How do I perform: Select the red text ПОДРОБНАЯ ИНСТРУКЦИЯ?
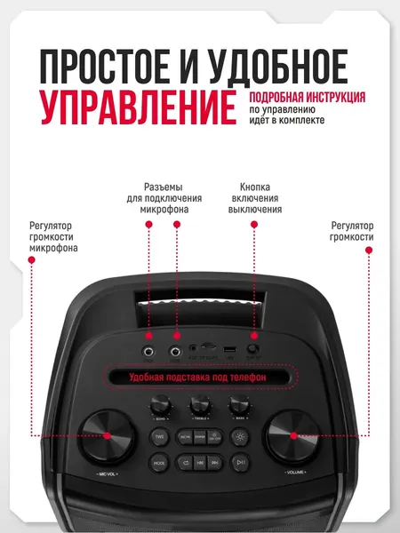[308, 97]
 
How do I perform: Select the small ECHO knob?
[162, 404]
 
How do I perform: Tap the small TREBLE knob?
[199, 404]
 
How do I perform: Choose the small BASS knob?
[237, 404]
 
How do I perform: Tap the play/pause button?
[241, 463]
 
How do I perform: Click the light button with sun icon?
[241, 437]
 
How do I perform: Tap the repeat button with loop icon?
[185, 463]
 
